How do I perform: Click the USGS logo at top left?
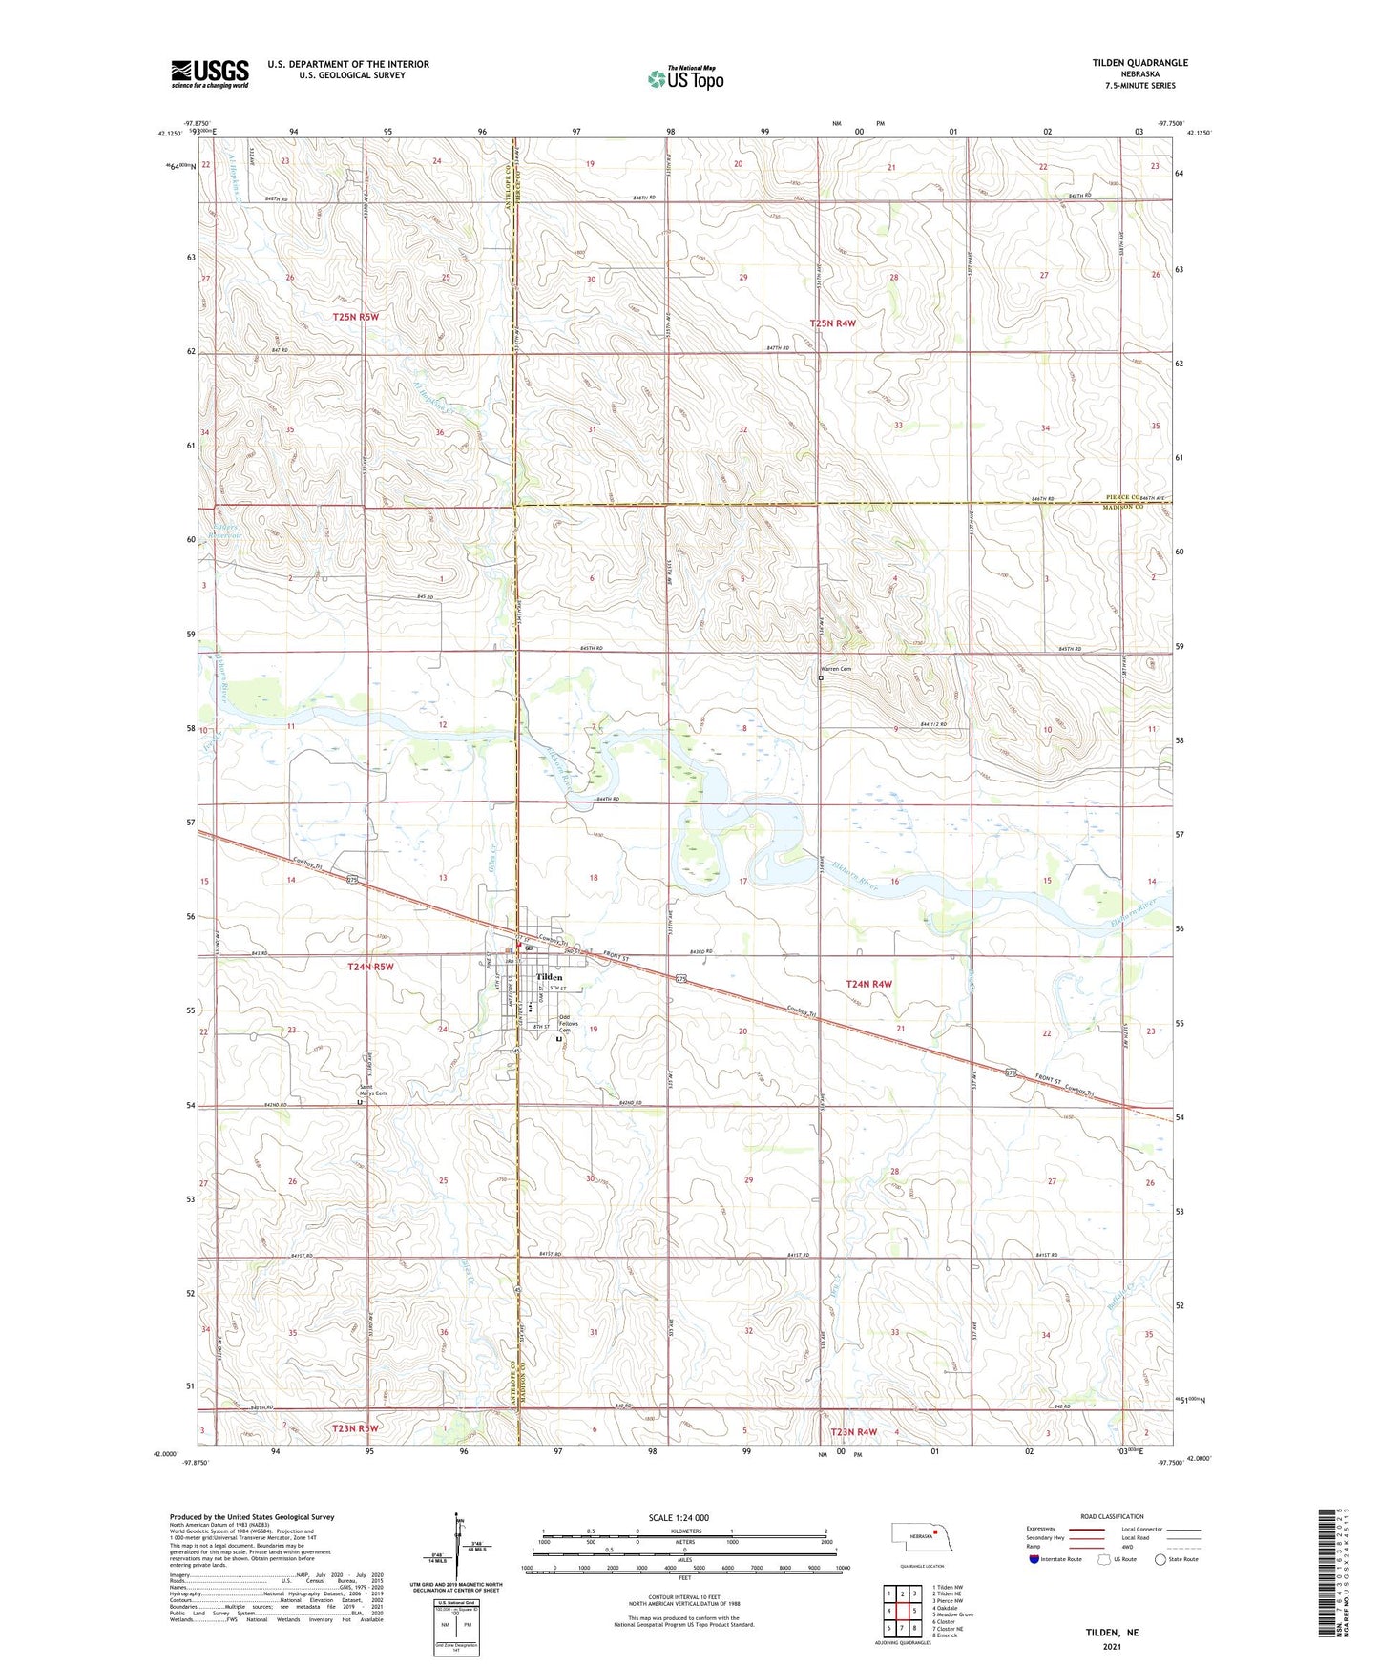210,73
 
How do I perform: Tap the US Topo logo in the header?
684,79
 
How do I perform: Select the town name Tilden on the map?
549,977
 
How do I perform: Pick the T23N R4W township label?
853,1431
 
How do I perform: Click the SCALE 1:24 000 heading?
679,1518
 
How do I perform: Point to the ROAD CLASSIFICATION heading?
1112,1516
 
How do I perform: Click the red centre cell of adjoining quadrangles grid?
902,1611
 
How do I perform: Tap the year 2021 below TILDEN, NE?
1112,1647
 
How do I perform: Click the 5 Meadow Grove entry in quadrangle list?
952,1614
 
